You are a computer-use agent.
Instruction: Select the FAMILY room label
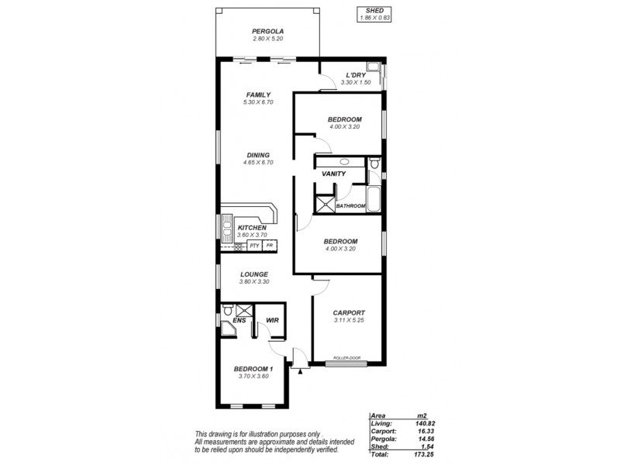tap(258, 95)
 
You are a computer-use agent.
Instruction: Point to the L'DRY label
tap(356, 74)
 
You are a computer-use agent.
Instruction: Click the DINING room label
tap(258, 155)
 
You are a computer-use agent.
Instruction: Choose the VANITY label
tap(333, 174)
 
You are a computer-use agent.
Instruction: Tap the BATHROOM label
tap(350, 205)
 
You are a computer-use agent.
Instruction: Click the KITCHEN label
tap(252, 227)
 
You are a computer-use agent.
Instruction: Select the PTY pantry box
tap(254, 246)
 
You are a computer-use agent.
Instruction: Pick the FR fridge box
tap(270, 246)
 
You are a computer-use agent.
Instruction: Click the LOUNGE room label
tap(254, 274)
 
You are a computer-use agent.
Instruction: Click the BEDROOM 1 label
tap(253, 368)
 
